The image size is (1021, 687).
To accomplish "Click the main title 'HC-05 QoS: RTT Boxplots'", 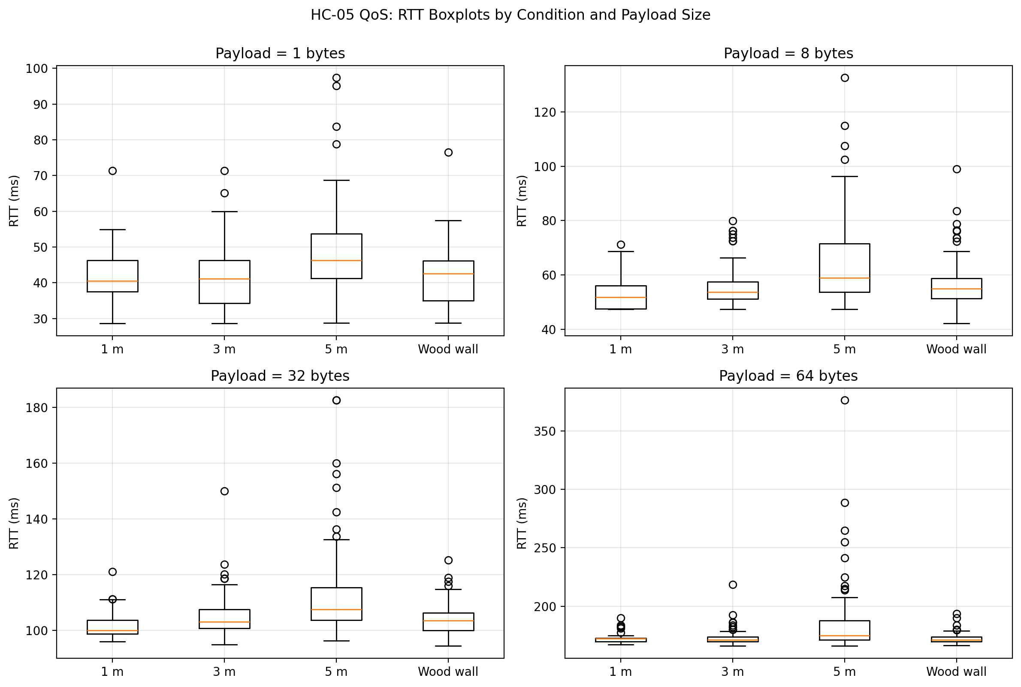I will (x=510, y=15).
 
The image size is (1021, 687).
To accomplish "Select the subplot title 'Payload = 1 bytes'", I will (x=280, y=54).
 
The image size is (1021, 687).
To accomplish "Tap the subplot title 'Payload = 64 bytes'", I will (x=788, y=376).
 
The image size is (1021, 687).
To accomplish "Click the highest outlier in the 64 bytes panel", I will (x=844, y=401).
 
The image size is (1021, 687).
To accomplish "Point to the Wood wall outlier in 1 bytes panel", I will (x=448, y=153).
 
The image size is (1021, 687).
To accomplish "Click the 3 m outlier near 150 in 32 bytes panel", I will (x=224, y=491).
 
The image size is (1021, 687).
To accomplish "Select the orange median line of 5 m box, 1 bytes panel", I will (x=336, y=261).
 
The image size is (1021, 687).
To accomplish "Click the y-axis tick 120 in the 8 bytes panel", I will (x=544, y=112).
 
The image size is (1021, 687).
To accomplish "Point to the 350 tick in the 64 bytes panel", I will (x=544, y=431).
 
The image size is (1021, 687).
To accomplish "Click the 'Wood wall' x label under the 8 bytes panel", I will (x=956, y=350).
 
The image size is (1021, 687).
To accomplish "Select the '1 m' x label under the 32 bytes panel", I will (x=112, y=672).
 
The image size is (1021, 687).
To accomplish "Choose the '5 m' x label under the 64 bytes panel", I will (x=844, y=672).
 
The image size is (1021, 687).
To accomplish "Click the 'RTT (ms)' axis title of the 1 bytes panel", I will (x=14, y=201).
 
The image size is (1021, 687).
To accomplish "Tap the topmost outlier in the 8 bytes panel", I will (x=844, y=78).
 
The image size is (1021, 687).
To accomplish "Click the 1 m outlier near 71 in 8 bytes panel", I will (x=620, y=244).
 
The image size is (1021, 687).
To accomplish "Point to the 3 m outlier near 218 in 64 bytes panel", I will (x=733, y=585).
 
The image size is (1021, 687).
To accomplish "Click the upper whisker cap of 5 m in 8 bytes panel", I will (x=844, y=177).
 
